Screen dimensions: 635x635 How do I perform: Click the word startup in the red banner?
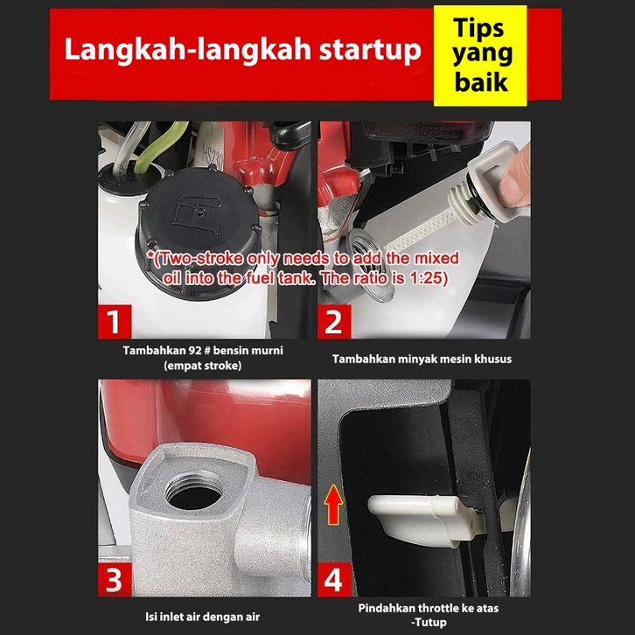370,50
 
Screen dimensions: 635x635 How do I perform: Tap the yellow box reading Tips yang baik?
480,56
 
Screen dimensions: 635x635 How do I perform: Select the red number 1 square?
115,322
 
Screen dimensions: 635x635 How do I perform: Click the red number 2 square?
334,322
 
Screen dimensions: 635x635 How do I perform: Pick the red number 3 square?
115,580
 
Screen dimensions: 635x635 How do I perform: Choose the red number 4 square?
334,580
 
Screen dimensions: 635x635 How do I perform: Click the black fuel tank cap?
199,227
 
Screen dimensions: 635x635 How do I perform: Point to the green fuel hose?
160,147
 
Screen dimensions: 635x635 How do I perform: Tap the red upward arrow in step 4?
333,505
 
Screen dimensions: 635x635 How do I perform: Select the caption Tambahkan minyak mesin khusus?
422,359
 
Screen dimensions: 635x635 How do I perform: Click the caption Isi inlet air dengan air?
203,617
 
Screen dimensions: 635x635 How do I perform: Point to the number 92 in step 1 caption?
196,350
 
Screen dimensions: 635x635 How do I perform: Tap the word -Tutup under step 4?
429,622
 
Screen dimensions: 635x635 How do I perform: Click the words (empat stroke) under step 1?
203,366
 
